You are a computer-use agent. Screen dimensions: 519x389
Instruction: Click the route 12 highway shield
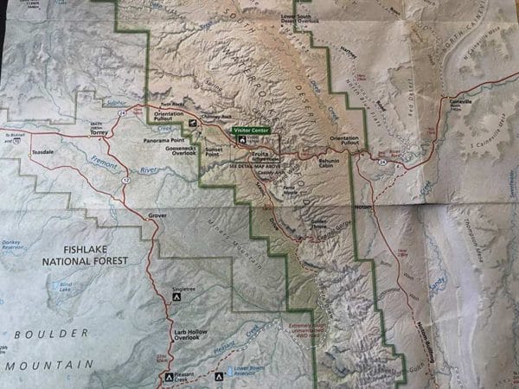tap(125, 179)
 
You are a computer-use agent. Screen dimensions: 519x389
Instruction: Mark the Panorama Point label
tap(165, 138)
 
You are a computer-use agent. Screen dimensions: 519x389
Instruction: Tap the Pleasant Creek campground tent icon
tap(169, 376)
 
